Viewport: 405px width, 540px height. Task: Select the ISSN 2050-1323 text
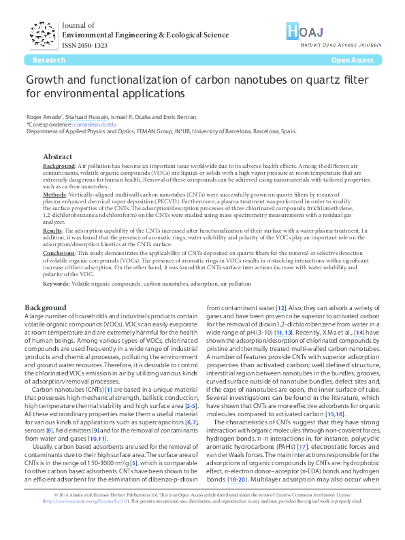[84, 45]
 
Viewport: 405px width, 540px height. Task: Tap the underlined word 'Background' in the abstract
[59, 166]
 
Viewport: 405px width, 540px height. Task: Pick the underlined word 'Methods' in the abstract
[54, 193]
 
